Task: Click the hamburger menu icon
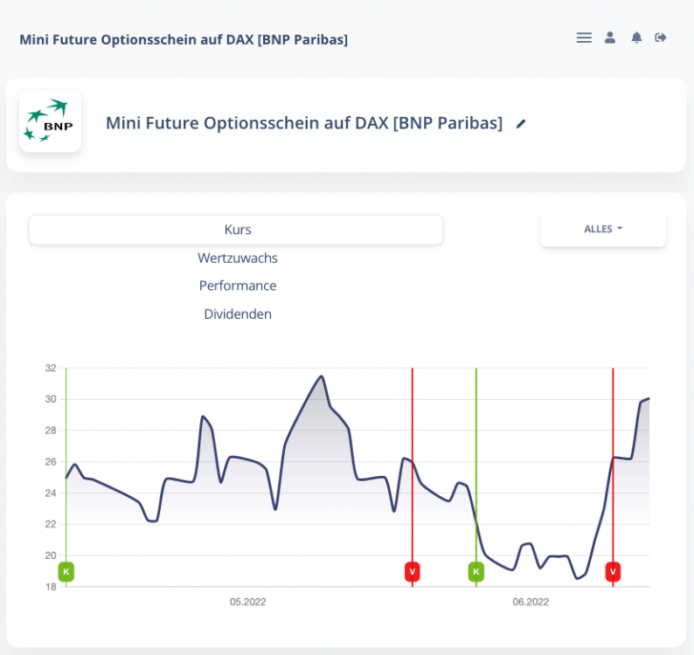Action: coord(584,38)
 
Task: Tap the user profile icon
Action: coord(610,38)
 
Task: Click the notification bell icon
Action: coord(636,38)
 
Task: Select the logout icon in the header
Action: coord(661,38)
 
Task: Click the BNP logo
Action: coord(50,121)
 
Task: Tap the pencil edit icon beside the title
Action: coord(521,124)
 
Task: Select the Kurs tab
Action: coord(236,230)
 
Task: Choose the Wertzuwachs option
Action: coord(238,258)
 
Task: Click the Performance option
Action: coord(238,286)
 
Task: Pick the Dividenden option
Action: coord(238,314)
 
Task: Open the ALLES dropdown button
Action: coord(603,229)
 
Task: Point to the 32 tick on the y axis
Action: coord(51,369)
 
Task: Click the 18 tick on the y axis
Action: coord(51,587)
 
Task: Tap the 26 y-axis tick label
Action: coord(51,462)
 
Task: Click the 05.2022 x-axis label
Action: coord(248,602)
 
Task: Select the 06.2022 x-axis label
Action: coord(531,602)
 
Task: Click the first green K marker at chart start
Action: coord(66,572)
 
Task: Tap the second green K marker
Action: coord(476,572)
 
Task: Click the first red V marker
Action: coord(413,572)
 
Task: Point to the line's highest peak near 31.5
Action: coord(322,376)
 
